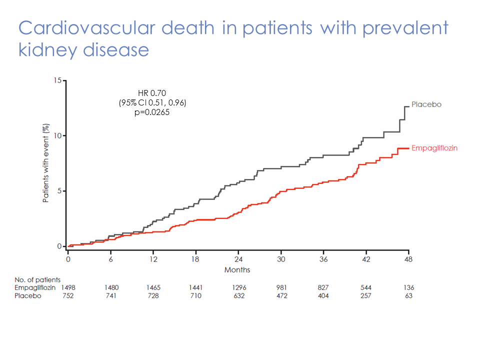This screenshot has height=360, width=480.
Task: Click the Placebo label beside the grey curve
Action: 426,104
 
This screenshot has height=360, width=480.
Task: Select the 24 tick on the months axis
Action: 238,259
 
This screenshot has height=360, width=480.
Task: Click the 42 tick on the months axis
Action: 366,259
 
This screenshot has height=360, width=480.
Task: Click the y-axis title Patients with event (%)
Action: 45,163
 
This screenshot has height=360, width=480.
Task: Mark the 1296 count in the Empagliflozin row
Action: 238,287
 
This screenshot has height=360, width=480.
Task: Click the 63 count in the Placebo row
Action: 409,295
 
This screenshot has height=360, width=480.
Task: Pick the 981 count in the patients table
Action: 281,287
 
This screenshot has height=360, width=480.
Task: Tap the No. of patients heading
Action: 37,280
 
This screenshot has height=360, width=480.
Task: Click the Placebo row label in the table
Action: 28,295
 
